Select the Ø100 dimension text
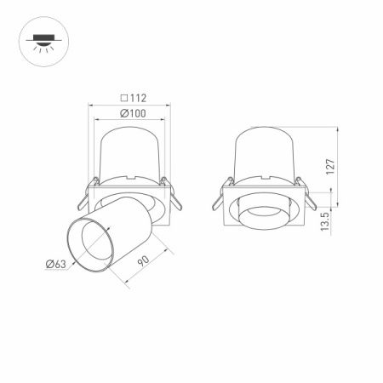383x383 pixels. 132,112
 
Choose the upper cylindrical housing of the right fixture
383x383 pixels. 263,153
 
